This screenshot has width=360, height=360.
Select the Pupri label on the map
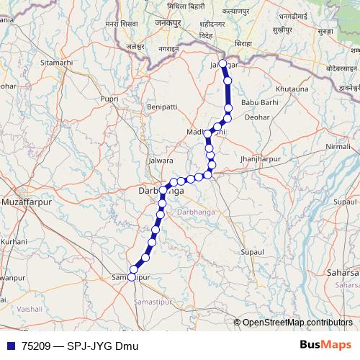pos(110,98)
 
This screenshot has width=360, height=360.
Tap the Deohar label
pos(257,116)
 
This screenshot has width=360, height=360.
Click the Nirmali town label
pos(338,146)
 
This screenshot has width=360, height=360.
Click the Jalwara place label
pos(160,160)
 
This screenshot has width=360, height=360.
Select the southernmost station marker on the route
pos(131,278)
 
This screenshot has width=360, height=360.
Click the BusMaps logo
pos(325,345)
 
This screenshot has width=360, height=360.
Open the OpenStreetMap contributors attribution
pos(297,323)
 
